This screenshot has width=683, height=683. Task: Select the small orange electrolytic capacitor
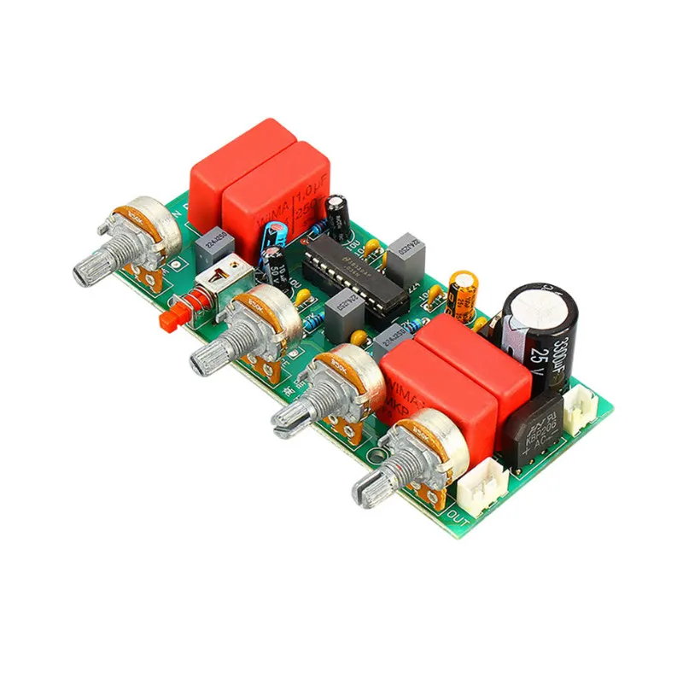pyautogui.click(x=463, y=295)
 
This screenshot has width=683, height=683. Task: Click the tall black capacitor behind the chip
pyautogui.click(x=336, y=217)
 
